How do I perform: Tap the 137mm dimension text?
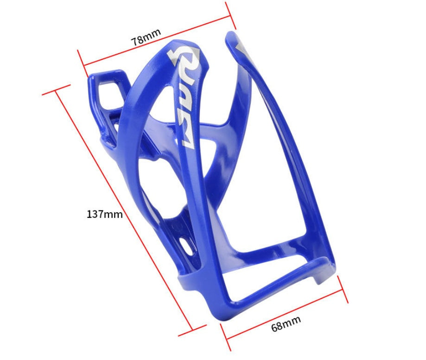pyautogui.click(x=105, y=214)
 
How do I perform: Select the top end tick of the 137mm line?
pyautogui.click(x=56, y=89)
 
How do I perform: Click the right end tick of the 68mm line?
pyautogui.click(x=343, y=289)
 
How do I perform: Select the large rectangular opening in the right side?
pyautogui.click(x=278, y=195)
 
